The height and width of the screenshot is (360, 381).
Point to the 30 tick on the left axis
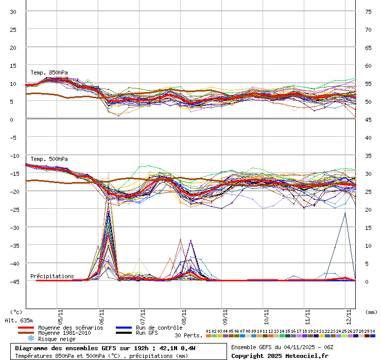point(13,12)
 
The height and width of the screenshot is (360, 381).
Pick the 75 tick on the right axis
point(368,12)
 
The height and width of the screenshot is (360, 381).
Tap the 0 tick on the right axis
point(367,281)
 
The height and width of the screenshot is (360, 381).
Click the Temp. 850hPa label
point(49,73)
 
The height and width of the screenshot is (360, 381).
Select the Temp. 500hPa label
point(49,159)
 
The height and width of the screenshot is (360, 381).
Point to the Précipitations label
point(52,276)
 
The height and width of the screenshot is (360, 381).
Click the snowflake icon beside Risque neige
point(30,338)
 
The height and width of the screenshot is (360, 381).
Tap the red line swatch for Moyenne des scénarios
point(26,328)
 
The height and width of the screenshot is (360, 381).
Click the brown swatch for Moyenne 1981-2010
point(26,333)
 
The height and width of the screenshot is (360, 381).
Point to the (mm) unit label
point(371,312)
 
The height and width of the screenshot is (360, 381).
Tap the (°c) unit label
point(16,312)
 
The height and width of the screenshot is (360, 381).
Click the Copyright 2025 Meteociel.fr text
point(280,356)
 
